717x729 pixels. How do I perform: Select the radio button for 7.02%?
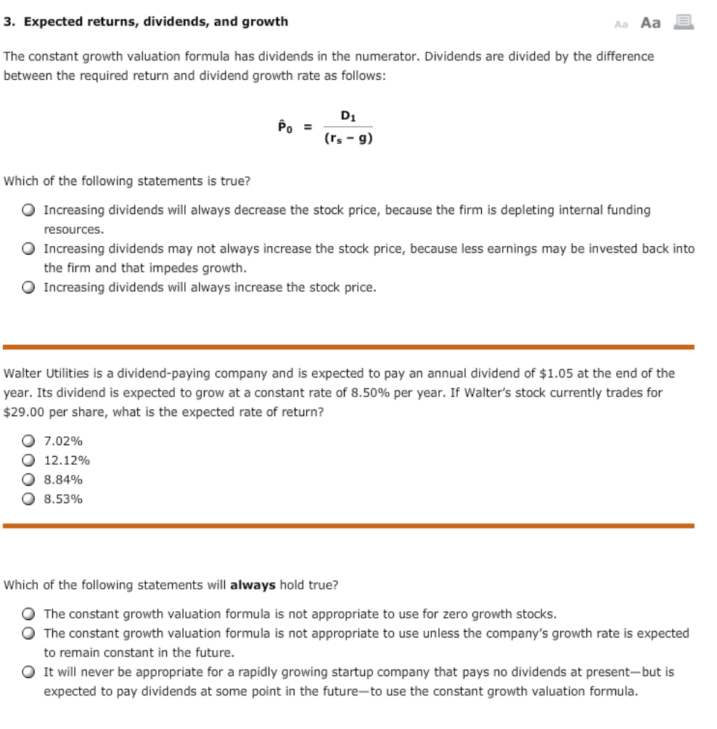[x=28, y=441]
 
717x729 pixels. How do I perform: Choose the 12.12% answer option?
[x=28, y=460]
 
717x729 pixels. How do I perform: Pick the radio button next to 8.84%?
[x=28, y=480]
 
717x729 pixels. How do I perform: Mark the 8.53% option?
[x=28, y=500]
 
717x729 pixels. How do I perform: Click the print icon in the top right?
[x=684, y=22]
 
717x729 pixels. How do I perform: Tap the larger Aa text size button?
[x=651, y=23]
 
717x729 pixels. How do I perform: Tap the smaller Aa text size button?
[x=620, y=23]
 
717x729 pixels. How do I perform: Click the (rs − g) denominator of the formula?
[x=348, y=139]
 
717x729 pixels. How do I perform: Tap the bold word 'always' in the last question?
[x=253, y=585]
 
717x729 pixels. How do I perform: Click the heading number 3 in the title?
[x=8, y=22]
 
